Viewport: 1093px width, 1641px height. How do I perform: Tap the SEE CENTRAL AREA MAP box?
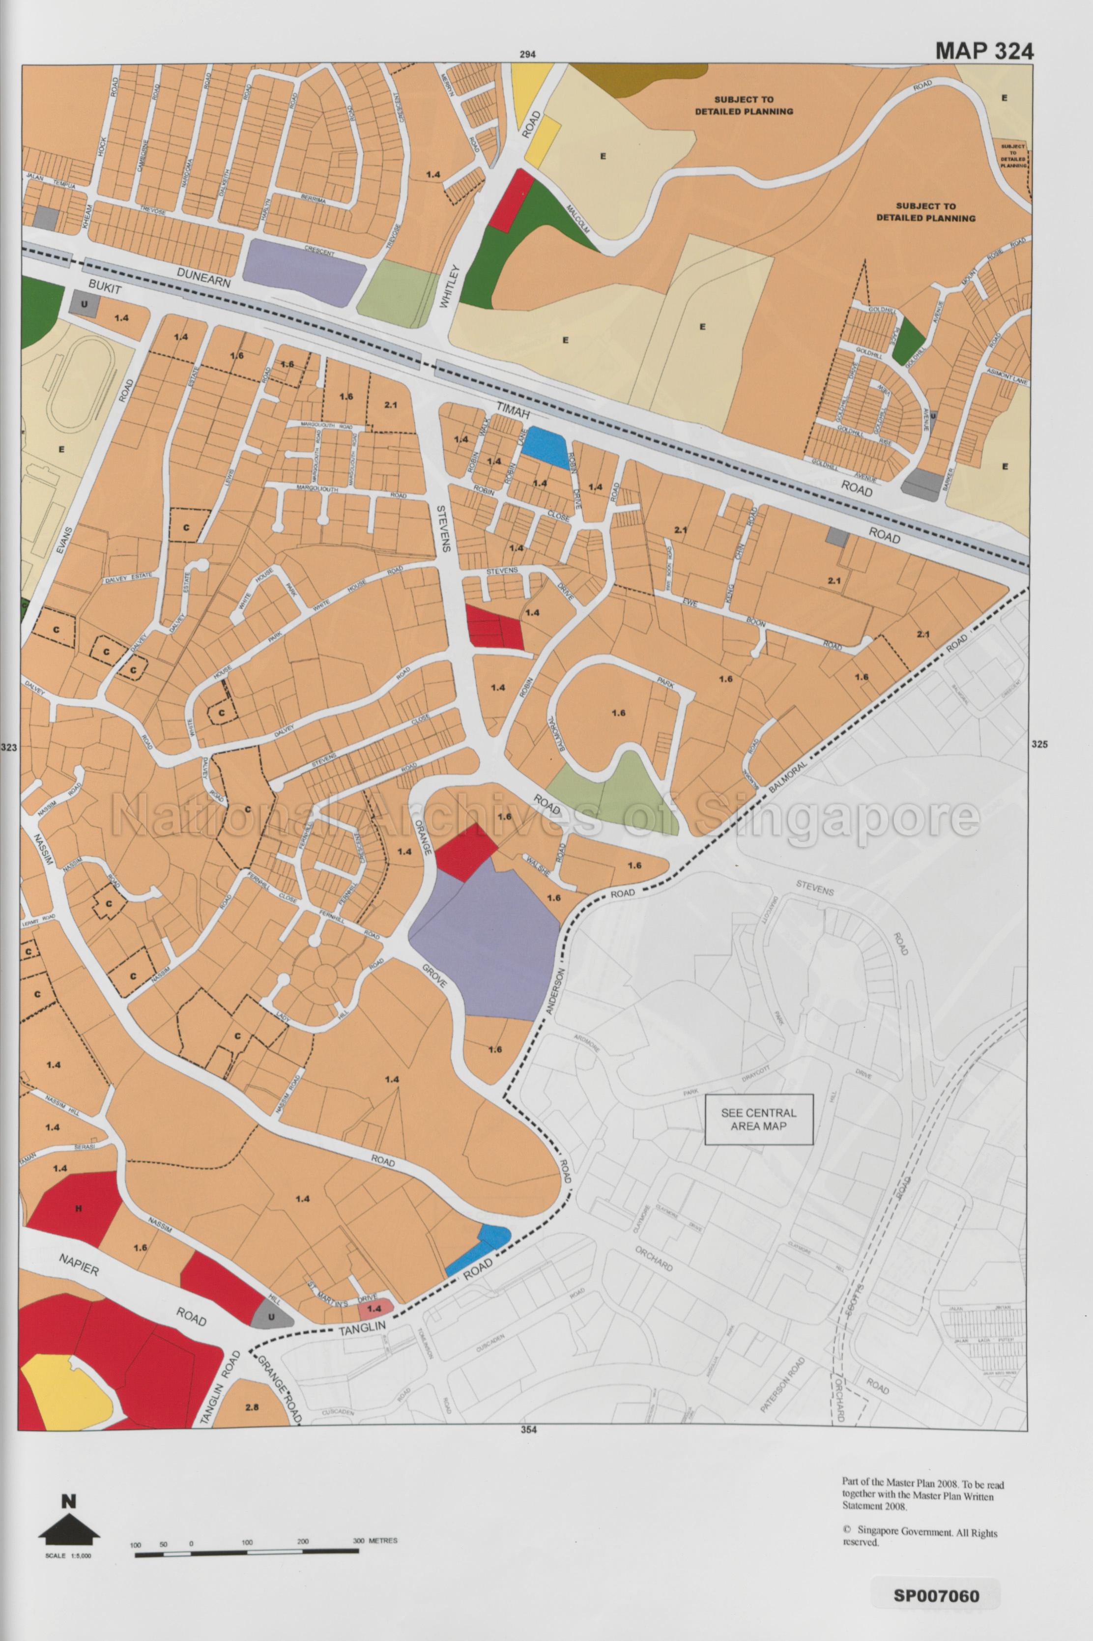tap(758, 1119)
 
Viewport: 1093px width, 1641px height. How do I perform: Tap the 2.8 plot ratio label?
tap(252, 1407)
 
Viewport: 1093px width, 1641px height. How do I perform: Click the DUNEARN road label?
tap(203, 278)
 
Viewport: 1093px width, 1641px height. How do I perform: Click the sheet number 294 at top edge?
tap(528, 55)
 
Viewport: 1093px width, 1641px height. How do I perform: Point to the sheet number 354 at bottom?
tap(528, 1430)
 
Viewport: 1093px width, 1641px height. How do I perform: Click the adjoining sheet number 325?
tap(1038, 744)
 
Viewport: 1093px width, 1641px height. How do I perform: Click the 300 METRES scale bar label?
tap(375, 1540)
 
